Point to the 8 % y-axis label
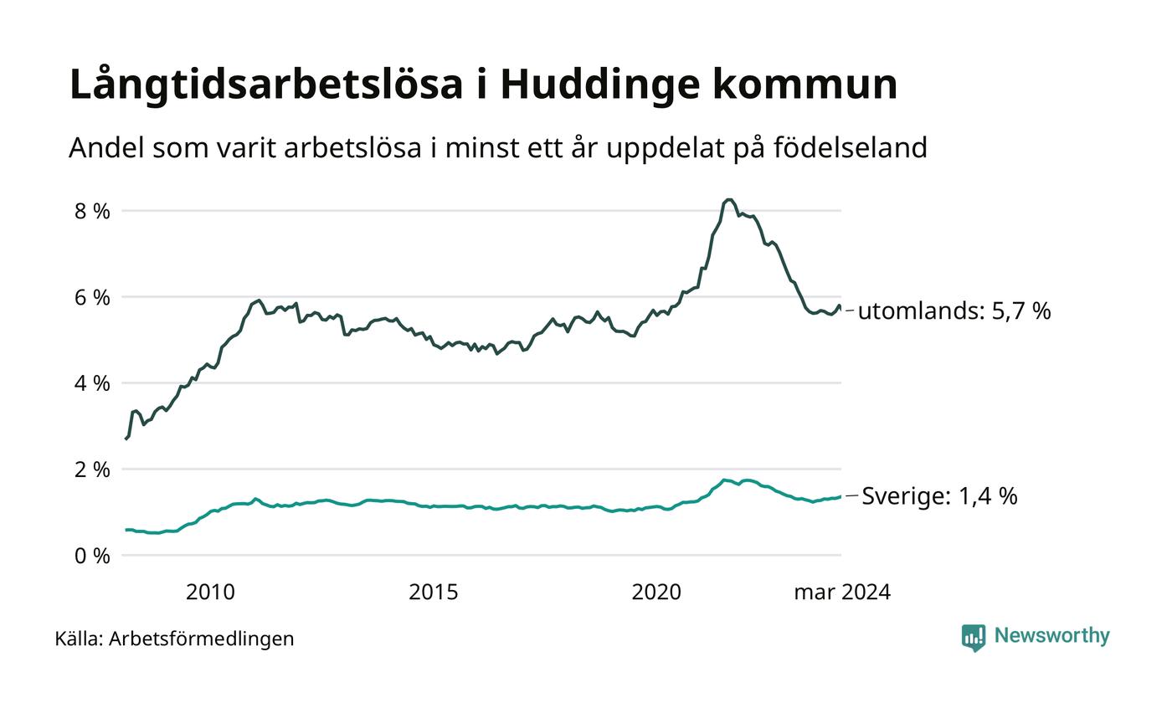pos(92,211)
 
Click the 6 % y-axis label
pos(92,297)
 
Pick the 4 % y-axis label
pos(92,383)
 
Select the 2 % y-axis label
pos(92,470)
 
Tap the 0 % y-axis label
pos(92,556)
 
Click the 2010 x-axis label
pos(211,593)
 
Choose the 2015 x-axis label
pos(434,593)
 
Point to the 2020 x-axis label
pos(656,593)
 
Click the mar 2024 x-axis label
pos(842,593)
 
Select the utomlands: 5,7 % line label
pos(954,311)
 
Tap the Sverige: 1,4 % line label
pos(939,496)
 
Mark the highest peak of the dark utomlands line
pos(728,200)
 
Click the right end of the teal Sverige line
pos(840,496)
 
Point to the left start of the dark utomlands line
pos(126,439)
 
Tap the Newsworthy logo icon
pos(974,638)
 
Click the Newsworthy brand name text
pos(1052,636)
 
